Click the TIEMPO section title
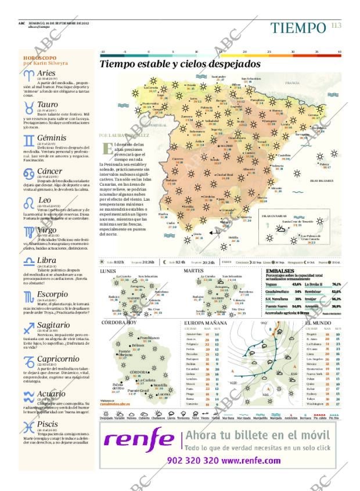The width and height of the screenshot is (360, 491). point(298,27)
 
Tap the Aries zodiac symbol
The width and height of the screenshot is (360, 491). point(28,75)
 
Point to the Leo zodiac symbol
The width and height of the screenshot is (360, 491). point(28,203)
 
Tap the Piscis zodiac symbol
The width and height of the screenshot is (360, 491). point(28,428)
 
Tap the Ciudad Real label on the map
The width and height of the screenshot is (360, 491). point(224,174)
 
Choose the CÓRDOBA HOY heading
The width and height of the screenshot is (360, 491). point(119,322)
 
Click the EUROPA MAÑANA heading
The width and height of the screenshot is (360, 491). point(205,322)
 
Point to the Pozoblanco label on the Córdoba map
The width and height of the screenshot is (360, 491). point(149,337)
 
